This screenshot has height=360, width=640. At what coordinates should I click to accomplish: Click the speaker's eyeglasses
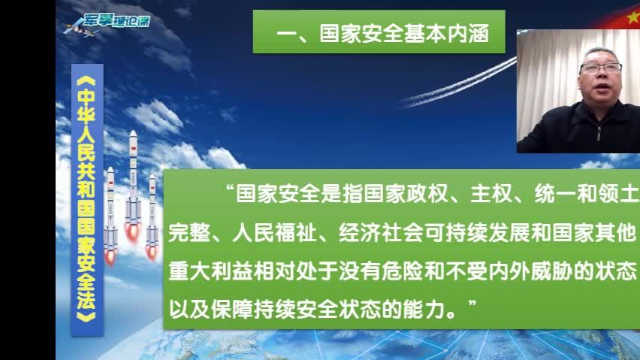pyautogui.click(x=599, y=68)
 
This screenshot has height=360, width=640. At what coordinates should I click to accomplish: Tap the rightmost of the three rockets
pyautogui.click(x=152, y=214)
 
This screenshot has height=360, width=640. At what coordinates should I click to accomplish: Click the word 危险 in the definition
pyautogui.click(x=412, y=270)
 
